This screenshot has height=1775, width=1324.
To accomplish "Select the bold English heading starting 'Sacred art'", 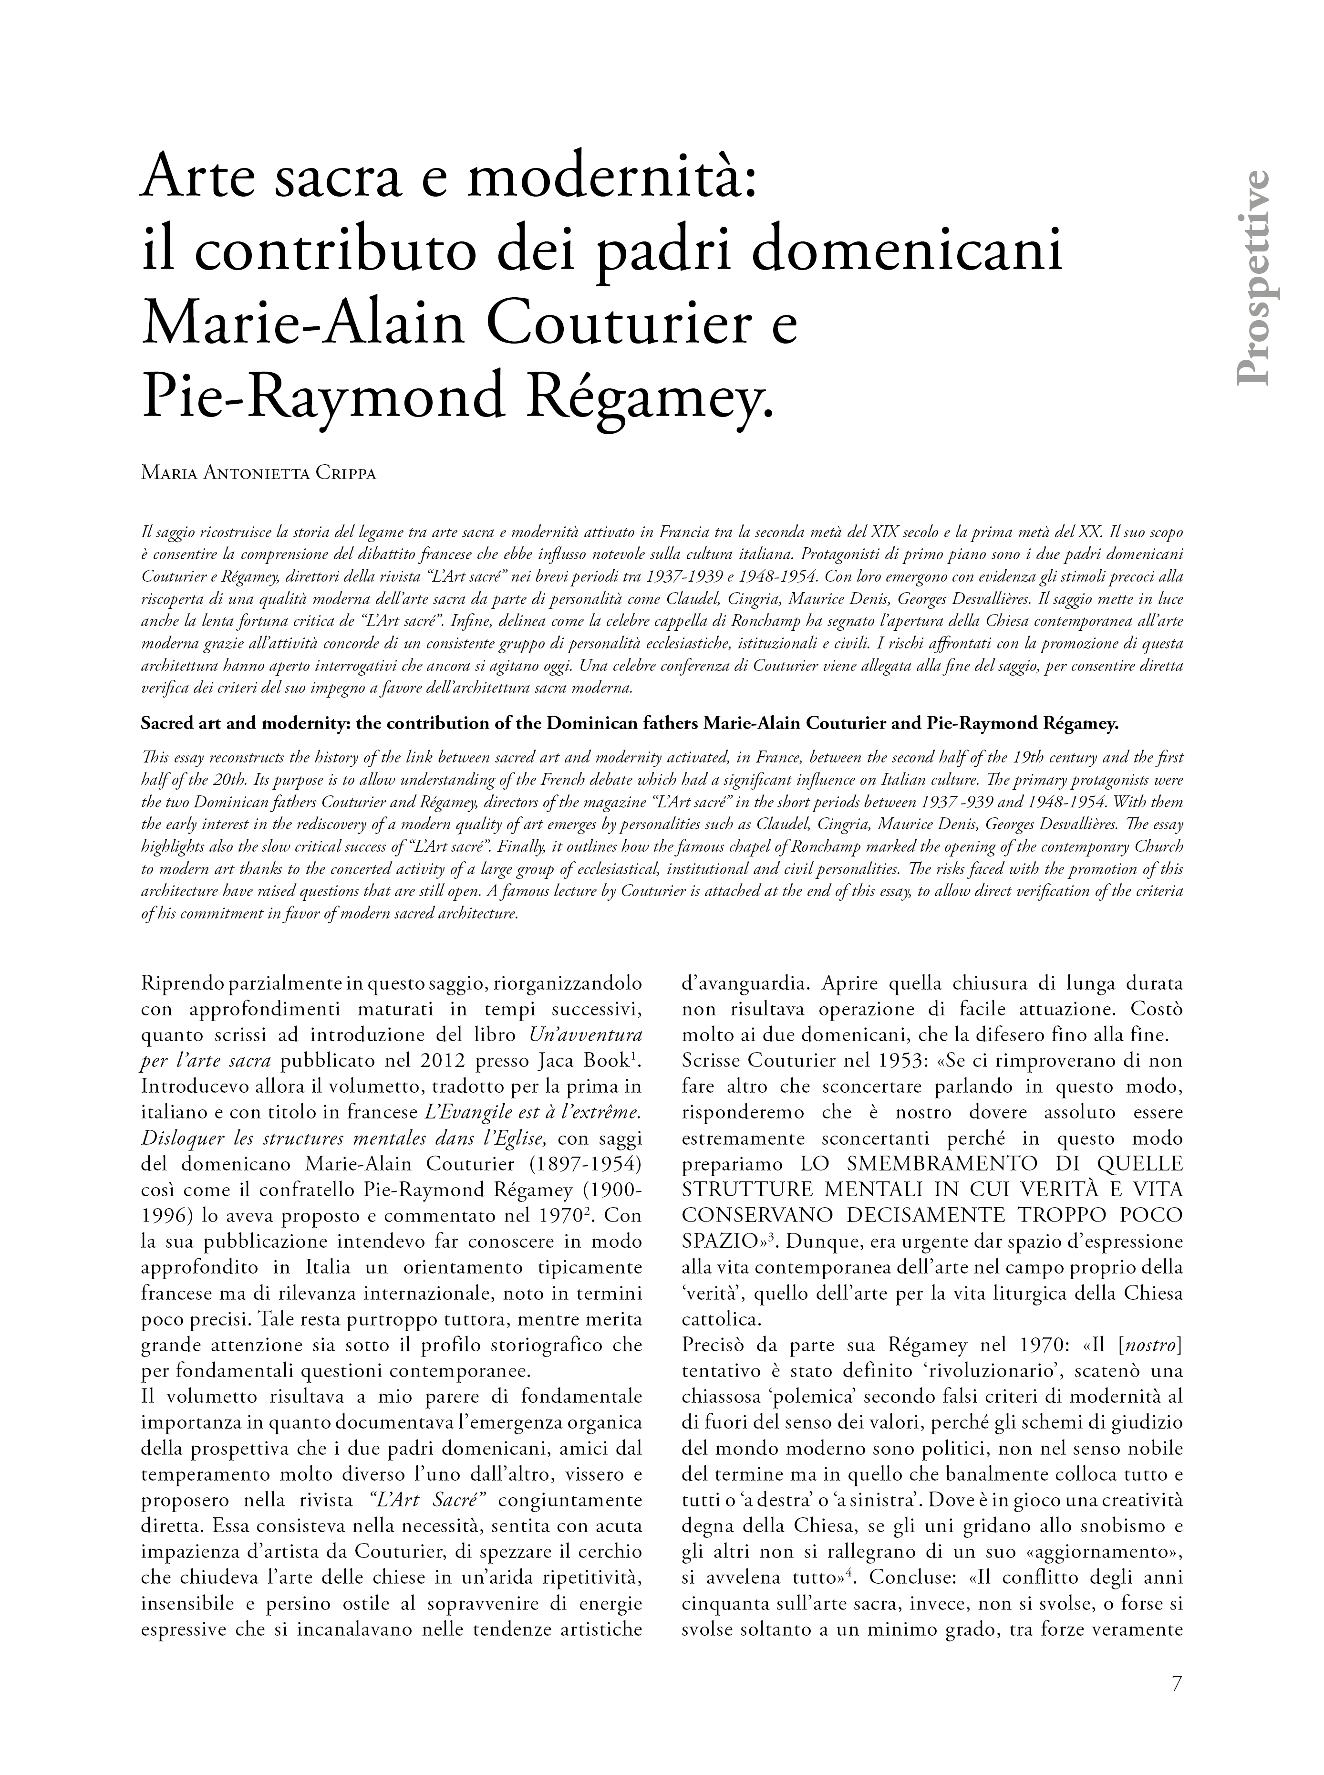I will point(629,724).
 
